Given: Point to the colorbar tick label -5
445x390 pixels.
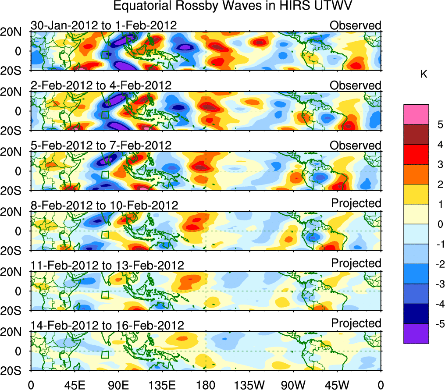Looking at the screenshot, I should click(x=439, y=324).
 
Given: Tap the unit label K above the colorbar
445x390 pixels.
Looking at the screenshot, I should click(x=424, y=75).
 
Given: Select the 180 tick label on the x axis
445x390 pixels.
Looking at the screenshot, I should click(x=206, y=385).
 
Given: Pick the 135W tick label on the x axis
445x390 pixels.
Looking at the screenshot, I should click(x=249, y=385).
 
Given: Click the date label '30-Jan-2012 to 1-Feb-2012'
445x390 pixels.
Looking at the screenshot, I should click(x=104, y=25).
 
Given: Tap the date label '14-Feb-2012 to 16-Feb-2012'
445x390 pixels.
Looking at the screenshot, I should click(x=107, y=325).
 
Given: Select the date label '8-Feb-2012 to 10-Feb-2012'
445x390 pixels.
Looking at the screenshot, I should click(x=104, y=205).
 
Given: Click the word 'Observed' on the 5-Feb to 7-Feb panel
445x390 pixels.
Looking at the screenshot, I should click(x=356, y=145).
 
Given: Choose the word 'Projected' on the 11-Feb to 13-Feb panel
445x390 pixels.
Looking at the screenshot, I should click(x=356, y=263).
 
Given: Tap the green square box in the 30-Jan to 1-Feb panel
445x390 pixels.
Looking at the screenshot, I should click(x=105, y=54).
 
